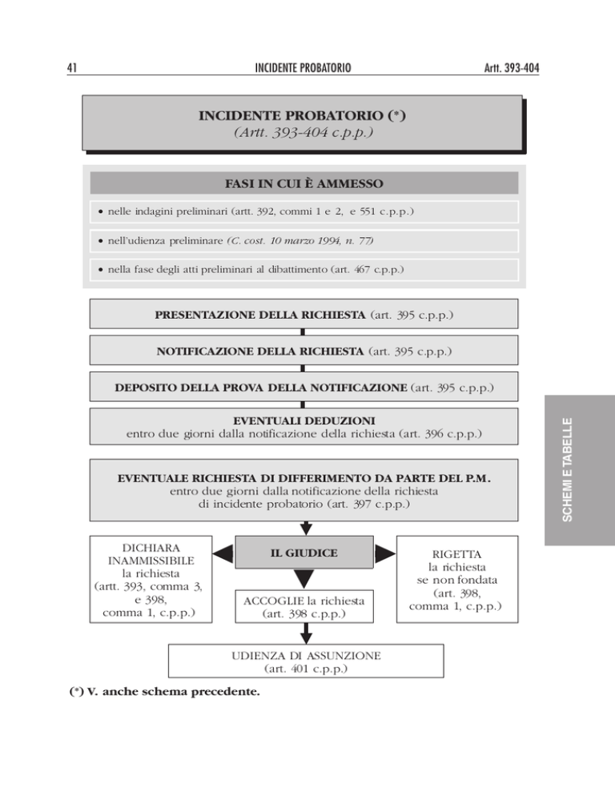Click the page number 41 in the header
(71, 68)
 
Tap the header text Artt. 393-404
(512, 68)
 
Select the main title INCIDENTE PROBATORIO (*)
(302, 116)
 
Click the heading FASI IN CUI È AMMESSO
(303, 183)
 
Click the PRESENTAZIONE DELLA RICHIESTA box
(303, 314)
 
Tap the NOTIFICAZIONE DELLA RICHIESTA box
(303, 350)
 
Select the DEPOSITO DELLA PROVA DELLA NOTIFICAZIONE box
(303, 387)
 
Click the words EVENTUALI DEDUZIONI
(304, 421)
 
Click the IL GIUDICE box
(304, 553)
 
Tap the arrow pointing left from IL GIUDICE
(223, 553)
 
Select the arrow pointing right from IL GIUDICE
(385, 553)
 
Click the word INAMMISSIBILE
(151, 561)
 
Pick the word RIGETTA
(456, 554)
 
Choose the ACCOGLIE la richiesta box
(304, 607)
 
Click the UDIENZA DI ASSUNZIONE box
(306, 661)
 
